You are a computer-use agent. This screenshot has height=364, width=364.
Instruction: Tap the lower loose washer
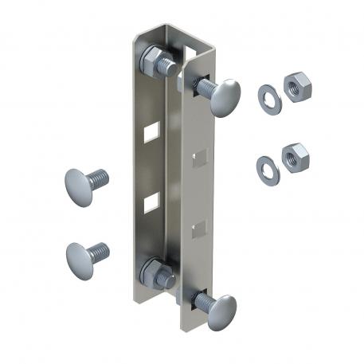click(267, 165)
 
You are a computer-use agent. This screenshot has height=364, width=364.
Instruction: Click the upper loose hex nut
click(296, 86)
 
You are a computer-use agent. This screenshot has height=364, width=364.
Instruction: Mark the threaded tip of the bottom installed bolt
click(167, 281)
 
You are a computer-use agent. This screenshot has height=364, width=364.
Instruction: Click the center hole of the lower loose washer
click(267, 165)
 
